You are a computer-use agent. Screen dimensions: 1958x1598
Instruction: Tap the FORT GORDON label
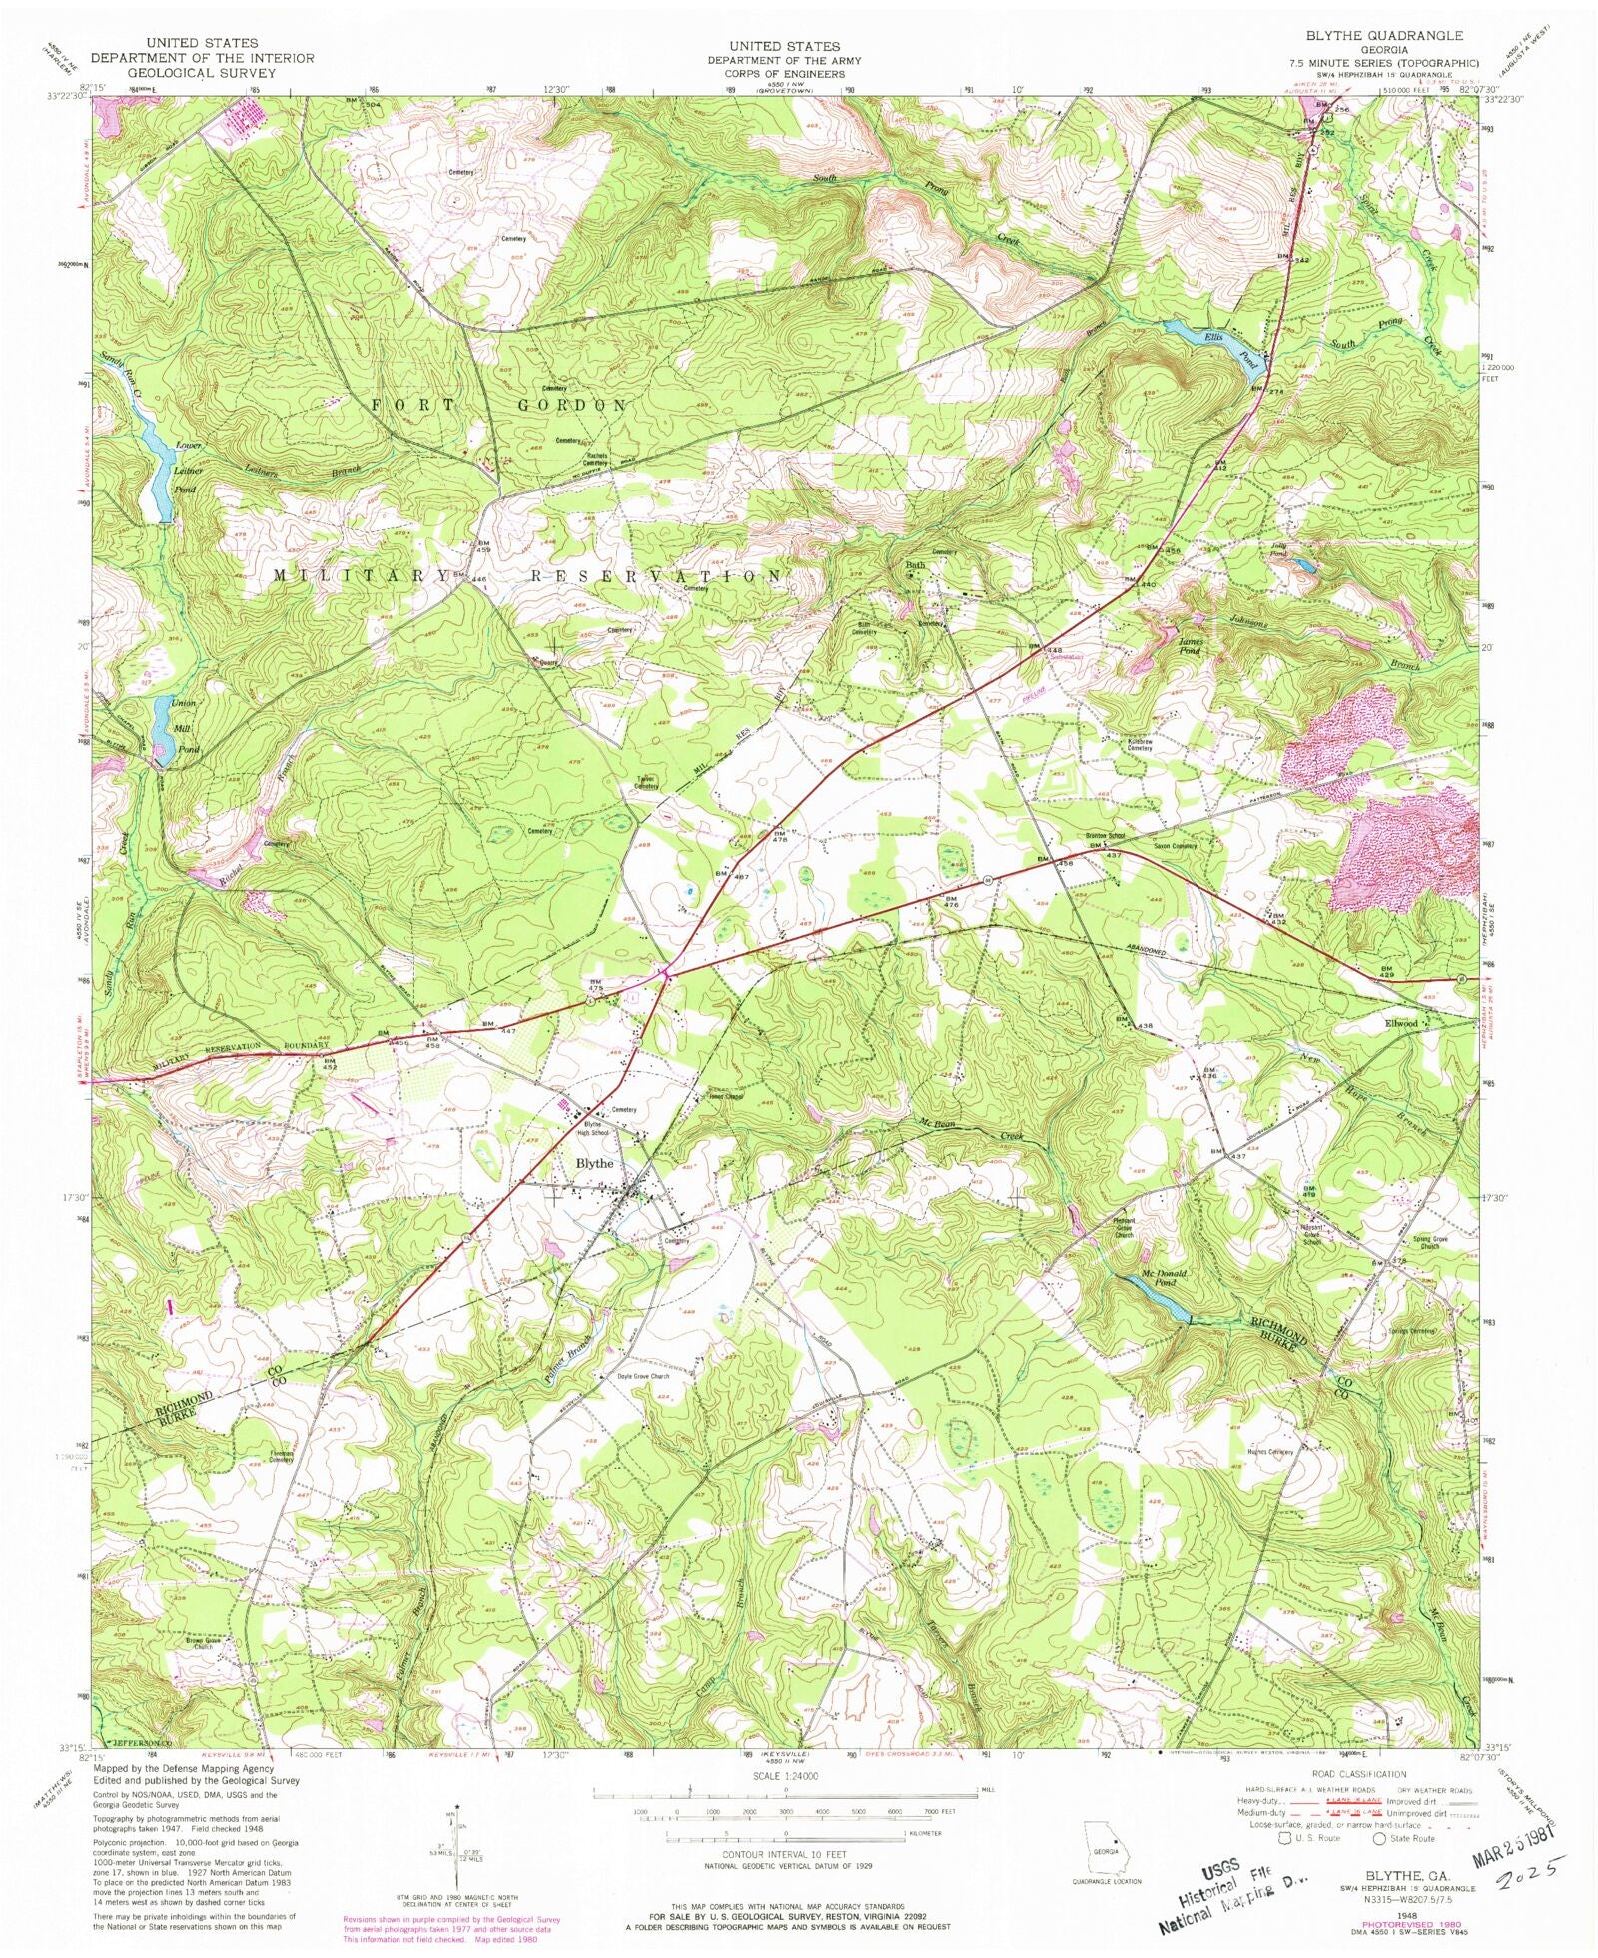(x=499, y=405)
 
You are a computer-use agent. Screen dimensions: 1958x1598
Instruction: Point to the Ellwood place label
(x=1400, y=1024)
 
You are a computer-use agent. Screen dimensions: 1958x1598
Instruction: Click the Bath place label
(x=915, y=565)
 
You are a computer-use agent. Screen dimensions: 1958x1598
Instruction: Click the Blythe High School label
(x=591, y=1127)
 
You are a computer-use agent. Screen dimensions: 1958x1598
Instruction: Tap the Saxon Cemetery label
(x=1175, y=847)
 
